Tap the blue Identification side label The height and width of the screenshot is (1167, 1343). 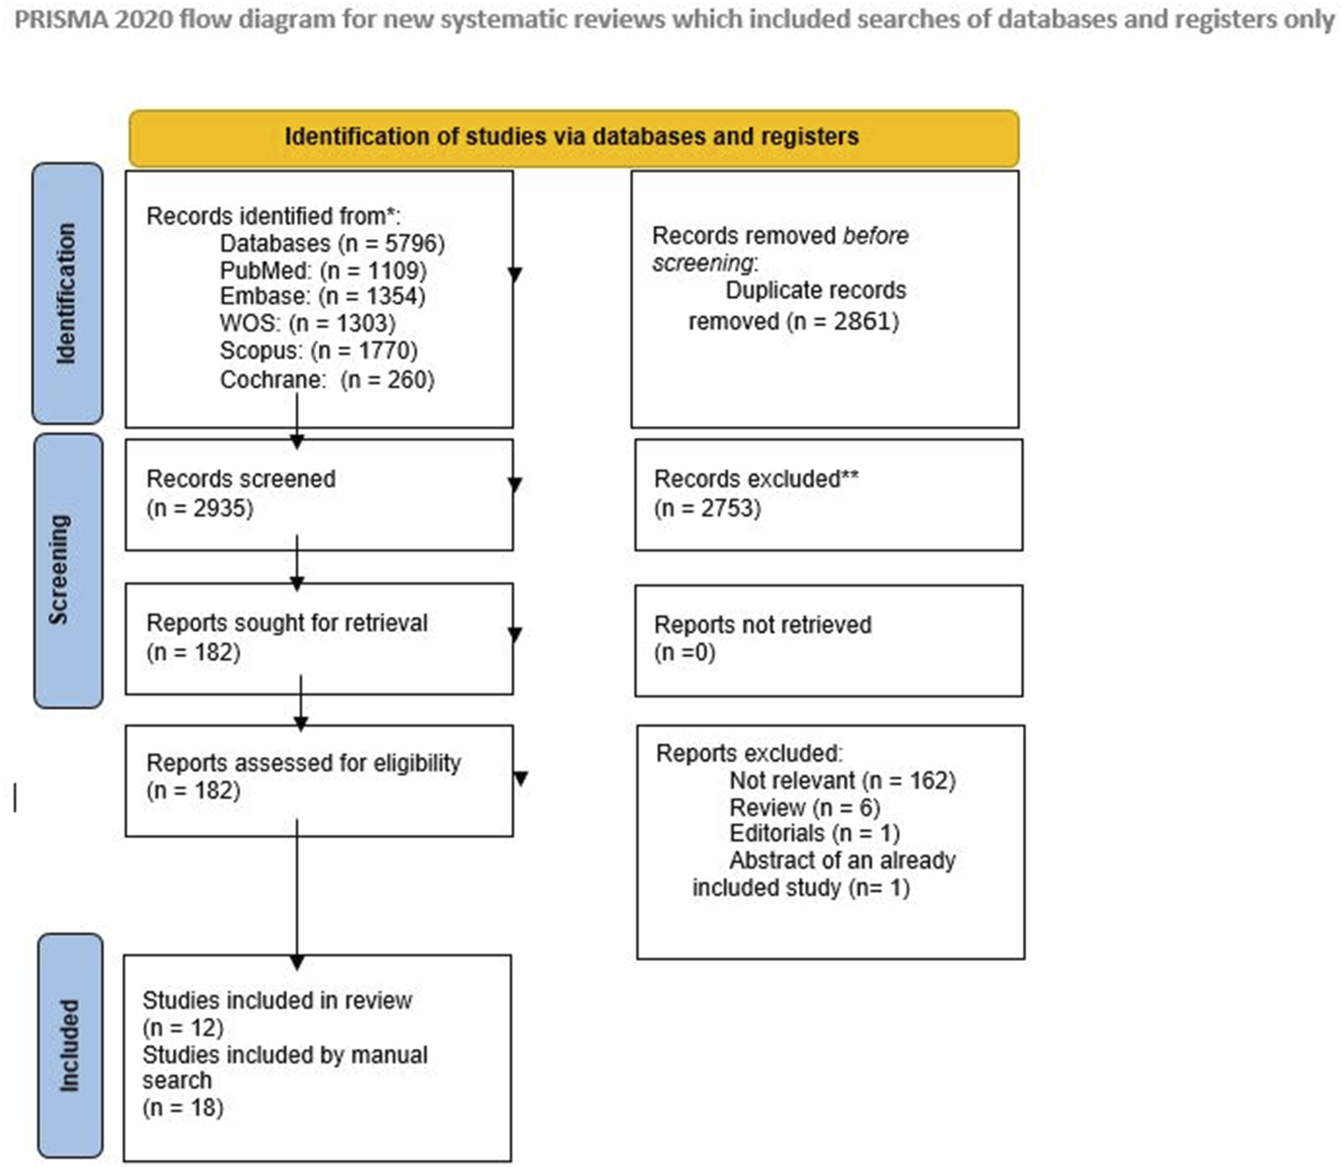click(68, 293)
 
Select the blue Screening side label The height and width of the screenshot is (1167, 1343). click(68, 570)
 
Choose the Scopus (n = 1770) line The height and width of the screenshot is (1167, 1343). click(319, 350)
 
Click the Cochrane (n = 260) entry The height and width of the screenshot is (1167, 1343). click(327, 379)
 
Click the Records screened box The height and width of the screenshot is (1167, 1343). click(319, 494)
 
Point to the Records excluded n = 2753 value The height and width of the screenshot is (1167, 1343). click(708, 508)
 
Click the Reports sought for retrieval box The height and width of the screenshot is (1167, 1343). click(319, 638)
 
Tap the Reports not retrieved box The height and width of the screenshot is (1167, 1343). click(829, 640)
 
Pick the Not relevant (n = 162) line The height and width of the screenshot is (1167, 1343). click(842, 780)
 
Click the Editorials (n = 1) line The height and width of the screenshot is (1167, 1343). click(814, 833)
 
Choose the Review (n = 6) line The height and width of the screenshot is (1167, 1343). click(805, 808)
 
